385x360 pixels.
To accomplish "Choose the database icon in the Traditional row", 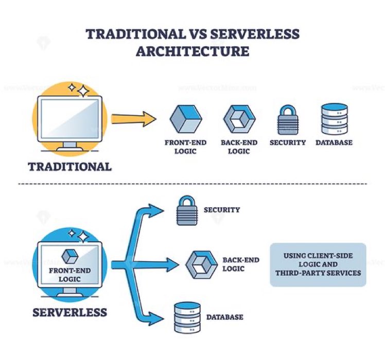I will coord(334,119).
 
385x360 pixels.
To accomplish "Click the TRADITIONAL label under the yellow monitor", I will coord(69,167).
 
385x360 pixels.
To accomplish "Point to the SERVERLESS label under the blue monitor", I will coord(70,312).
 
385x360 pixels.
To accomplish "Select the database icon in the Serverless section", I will coord(186,316).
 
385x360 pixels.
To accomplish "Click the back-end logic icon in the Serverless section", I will coord(198,264).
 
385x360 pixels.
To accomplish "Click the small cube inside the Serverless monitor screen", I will coord(69,256).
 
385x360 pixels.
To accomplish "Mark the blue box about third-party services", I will coord(318,264).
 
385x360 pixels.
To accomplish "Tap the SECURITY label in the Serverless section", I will coord(222,210).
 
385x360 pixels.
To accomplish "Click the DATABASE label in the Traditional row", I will coord(334,142).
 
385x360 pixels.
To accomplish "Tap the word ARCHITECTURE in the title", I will coord(192,51).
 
